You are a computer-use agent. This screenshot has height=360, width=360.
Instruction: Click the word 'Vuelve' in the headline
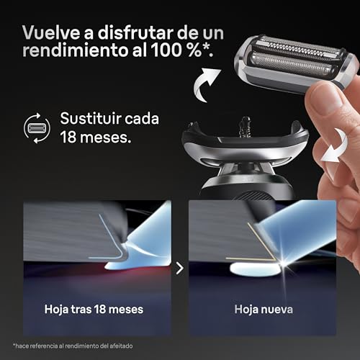coord(50,32)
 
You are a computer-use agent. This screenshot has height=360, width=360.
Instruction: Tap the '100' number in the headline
coord(166,50)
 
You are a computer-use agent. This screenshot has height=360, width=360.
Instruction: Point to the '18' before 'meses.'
coord(68,137)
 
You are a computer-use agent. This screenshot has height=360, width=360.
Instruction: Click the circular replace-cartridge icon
coord(37,127)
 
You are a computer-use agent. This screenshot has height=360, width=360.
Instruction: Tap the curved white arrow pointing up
coord(206,84)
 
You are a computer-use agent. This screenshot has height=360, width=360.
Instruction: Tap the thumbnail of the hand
coord(322,95)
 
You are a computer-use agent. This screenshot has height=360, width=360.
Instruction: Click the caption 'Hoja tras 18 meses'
coord(94,309)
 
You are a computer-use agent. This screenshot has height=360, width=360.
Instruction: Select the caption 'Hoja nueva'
coord(264,309)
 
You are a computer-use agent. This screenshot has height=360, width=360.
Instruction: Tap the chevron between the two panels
coord(180,268)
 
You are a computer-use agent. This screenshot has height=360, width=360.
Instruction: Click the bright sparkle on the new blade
coord(284,264)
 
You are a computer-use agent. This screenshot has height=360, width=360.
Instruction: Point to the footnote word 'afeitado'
coord(121,346)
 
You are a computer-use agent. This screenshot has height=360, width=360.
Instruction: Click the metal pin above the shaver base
coord(246,127)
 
